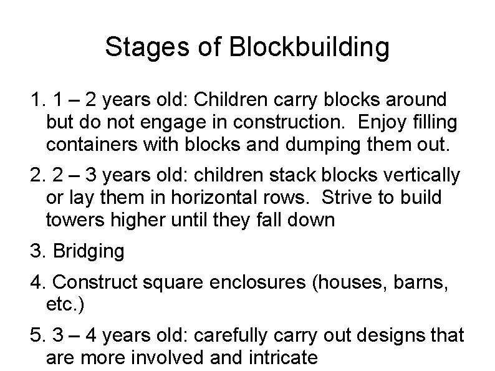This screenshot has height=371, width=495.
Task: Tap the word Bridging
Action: (89, 251)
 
